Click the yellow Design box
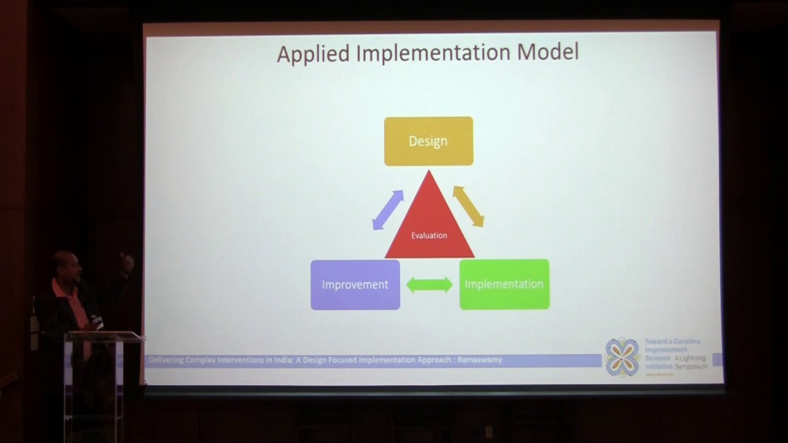pyautogui.click(x=428, y=141)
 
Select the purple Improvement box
pyautogui.click(x=355, y=284)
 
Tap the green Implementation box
pyautogui.click(x=504, y=284)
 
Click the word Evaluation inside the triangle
pyautogui.click(x=429, y=235)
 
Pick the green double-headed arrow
pyautogui.click(x=429, y=285)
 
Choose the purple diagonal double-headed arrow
pyautogui.click(x=388, y=210)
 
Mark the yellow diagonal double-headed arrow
pyautogui.click(x=468, y=206)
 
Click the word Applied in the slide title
pyautogui.click(x=314, y=54)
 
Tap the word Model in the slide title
pyautogui.click(x=547, y=52)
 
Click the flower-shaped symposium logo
pyautogui.click(x=622, y=357)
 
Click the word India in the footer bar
pyautogui.click(x=285, y=360)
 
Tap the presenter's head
pyautogui.click(x=65, y=265)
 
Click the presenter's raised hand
pyautogui.click(x=127, y=263)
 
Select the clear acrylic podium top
pyautogui.click(x=102, y=335)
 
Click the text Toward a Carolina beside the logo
pyautogui.click(x=672, y=341)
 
